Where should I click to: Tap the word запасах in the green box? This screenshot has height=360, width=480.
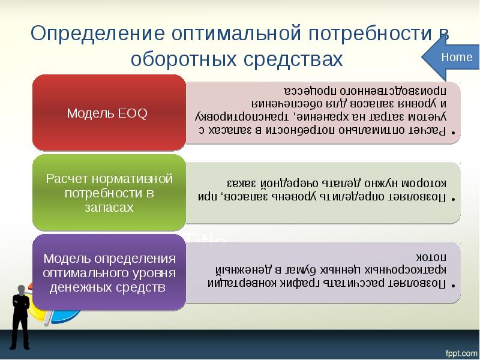coord(109,207)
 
